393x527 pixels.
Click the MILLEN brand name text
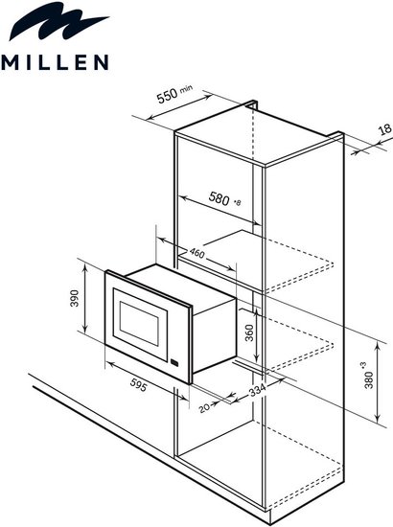click(x=55, y=62)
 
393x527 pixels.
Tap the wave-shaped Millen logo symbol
click(x=58, y=21)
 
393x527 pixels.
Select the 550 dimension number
click(x=168, y=96)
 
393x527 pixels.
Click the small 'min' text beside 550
click(x=187, y=89)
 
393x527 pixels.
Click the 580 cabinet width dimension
click(x=219, y=197)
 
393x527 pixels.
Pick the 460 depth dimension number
click(x=196, y=253)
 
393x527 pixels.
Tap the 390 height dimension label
click(x=75, y=298)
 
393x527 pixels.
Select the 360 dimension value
click(x=249, y=332)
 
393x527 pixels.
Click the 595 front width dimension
click(x=138, y=387)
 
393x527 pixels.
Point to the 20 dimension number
click(x=204, y=408)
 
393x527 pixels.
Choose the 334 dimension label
click(x=257, y=390)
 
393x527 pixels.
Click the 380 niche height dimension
click(x=369, y=379)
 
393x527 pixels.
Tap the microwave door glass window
click(x=139, y=324)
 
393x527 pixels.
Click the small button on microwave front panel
click(x=175, y=362)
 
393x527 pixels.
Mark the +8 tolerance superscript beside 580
click(x=238, y=203)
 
